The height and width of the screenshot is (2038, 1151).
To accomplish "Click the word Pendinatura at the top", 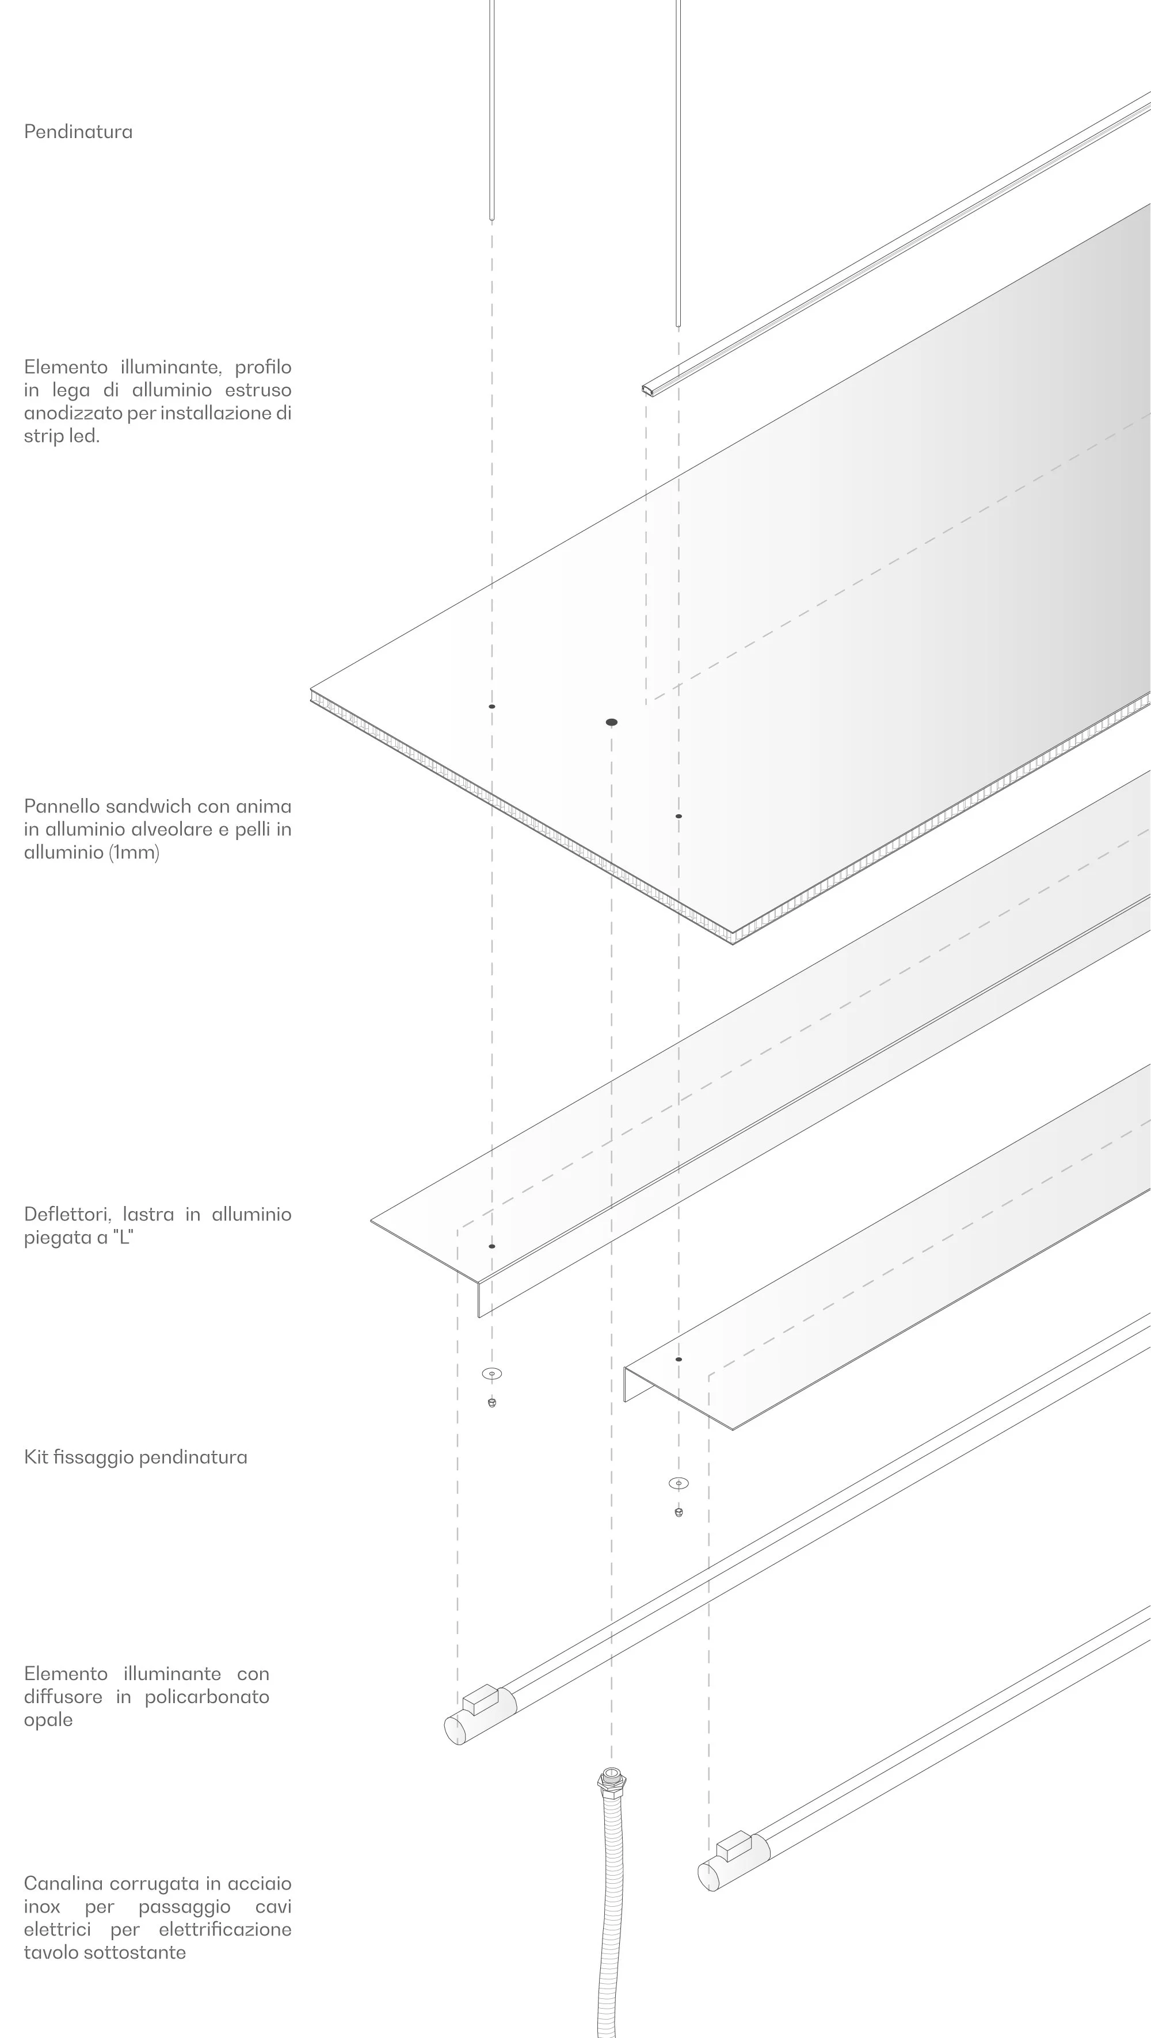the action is click(x=78, y=131).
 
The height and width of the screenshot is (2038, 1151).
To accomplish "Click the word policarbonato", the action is click(x=207, y=1696).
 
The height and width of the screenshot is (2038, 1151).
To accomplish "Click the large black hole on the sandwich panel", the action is click(x=612, y=722).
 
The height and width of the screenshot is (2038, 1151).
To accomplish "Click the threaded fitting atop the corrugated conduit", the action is click(x=611, y=1778).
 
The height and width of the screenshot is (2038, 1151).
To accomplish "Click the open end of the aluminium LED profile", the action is click(x=648, y=389).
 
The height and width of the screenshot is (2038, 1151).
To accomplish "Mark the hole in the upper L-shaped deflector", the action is click(x=492, y=1246).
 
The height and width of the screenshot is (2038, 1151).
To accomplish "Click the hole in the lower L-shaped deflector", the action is click(x=679, y=1359).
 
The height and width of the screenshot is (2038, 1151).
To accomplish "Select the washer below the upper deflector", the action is click(x=492, y=1373).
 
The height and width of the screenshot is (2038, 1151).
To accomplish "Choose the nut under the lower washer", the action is click(x=679, y=1512).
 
